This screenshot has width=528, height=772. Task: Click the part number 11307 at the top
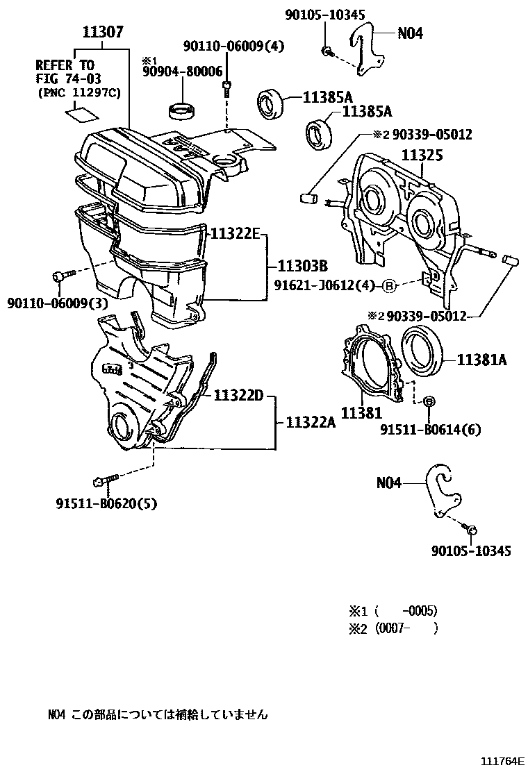click(x=104, y=31)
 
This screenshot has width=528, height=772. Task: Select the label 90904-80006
click(x=183, y=72)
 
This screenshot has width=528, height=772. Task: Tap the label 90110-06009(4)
click(x=224, y=47)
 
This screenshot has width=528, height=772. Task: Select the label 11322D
click(x=238, y=396)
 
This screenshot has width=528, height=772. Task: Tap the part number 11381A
click(x=481, y=360)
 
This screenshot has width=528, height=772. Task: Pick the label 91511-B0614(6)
click(x=431, y=430)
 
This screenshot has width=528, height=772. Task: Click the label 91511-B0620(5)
click(x=106, y=504)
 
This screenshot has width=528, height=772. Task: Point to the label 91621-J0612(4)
click(x=325, y=285)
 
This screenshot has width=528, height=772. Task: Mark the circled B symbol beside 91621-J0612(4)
click(x=389, y=285)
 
